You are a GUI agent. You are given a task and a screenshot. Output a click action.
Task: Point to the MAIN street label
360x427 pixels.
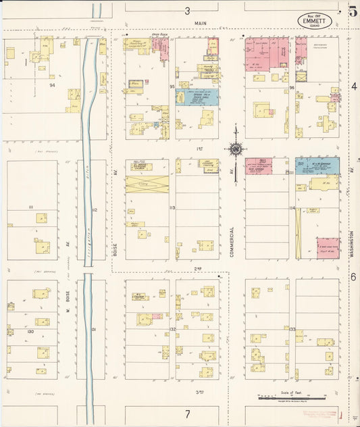point(200,23)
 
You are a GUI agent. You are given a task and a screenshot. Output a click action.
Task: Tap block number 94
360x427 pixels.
point(52,86)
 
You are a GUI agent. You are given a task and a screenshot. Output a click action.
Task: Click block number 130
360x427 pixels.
point(30,332)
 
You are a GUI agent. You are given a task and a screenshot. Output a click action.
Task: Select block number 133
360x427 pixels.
point(292,329)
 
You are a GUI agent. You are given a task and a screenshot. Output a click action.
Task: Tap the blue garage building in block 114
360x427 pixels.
point(317,166)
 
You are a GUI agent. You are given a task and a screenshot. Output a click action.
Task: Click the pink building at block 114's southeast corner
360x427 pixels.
point(328,248)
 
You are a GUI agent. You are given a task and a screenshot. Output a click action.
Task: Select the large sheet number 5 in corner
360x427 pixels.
point(353,10)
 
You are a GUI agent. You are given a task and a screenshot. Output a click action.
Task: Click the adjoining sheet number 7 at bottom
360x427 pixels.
point(188,413)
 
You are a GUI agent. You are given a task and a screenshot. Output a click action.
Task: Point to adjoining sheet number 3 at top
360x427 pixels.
point(188,11)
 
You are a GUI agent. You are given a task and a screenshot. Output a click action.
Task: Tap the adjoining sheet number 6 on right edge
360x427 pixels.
point(353,277)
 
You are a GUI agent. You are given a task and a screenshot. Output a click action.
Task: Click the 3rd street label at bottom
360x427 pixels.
point(199,391)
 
